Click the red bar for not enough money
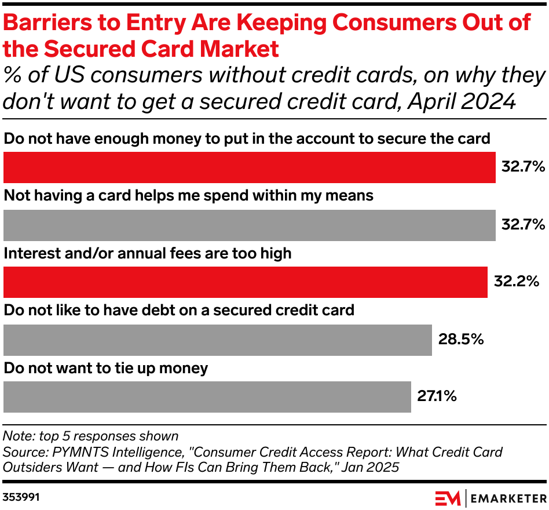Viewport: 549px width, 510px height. point(249,167)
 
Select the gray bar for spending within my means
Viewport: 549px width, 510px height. point(249,225)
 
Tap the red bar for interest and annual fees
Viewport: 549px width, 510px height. point(246,282)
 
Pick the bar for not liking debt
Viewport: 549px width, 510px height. point(218,340)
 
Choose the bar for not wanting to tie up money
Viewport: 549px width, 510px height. point(207,397)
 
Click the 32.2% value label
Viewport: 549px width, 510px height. point(516,282)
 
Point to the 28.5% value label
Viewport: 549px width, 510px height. point(460,340)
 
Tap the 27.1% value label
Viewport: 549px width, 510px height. point(437,397)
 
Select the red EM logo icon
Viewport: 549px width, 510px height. point(448,497)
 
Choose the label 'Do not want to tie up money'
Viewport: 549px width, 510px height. point(106,369)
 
